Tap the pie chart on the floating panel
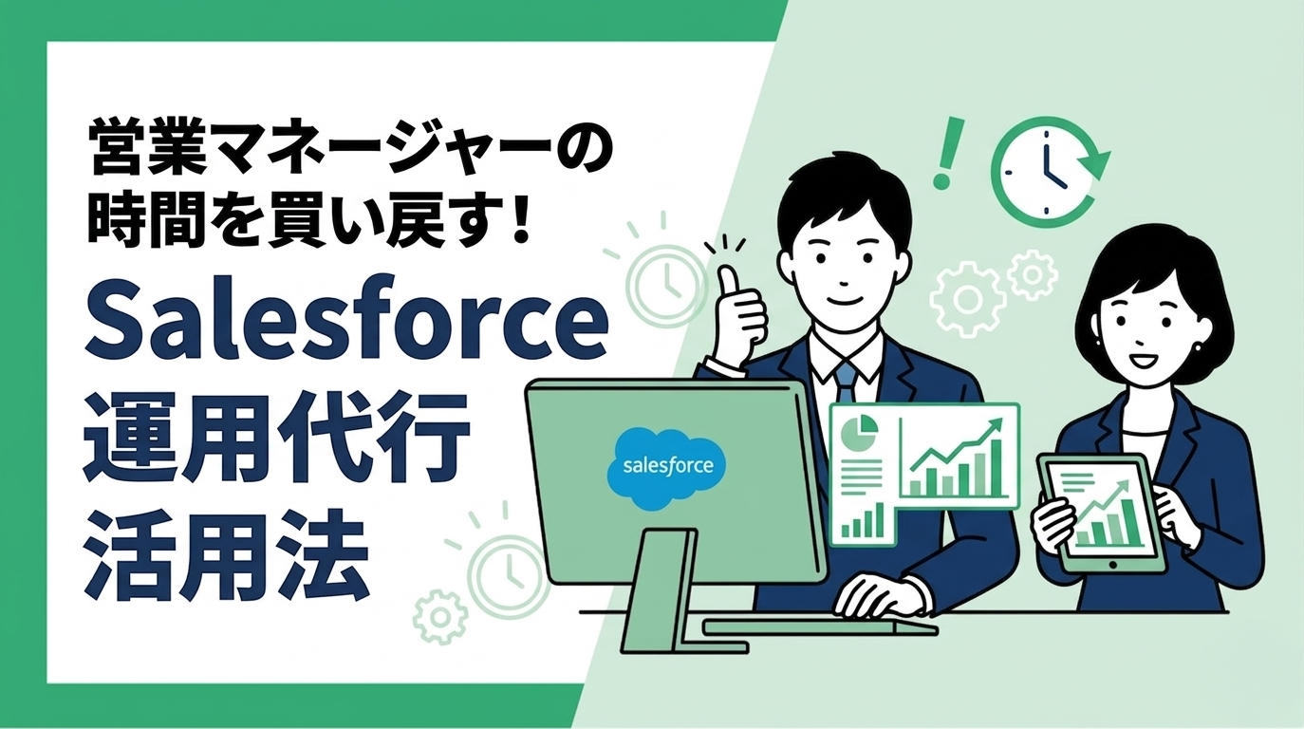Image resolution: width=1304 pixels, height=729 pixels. (x=860, y=433)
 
